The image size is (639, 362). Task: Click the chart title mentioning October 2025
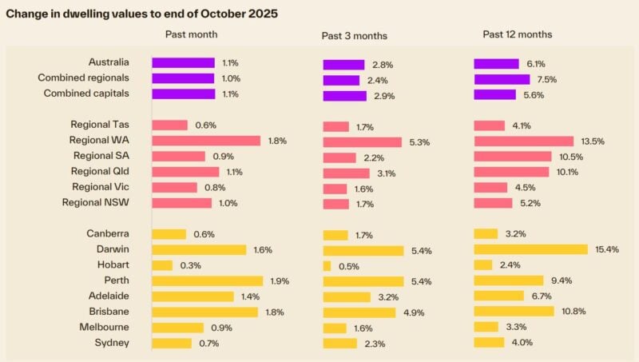pos(142,14)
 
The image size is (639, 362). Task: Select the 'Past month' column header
pos(191,34)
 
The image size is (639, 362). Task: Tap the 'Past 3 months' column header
pos(355,36)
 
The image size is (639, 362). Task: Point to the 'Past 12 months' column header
pos(517,34)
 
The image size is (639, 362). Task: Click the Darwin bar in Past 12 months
pos(530,249)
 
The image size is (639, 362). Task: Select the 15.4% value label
pos(605,250)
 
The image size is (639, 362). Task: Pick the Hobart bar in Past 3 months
pos(327,266)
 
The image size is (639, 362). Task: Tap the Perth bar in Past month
pos(207,280)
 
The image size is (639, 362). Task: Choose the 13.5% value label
pos(592,141)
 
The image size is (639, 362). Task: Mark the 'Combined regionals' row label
pos(83,78)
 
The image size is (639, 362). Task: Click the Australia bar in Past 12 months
pos(496,64)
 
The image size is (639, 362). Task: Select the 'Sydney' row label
pos(113,343)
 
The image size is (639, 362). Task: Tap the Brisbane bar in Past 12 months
pos(514,311)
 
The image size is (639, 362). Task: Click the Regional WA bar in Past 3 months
pos(362,142)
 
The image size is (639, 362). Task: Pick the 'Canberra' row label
pos(108,234)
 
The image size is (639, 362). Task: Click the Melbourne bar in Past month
pos(177,327)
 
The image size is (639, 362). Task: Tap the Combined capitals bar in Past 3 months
pos(344,96)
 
